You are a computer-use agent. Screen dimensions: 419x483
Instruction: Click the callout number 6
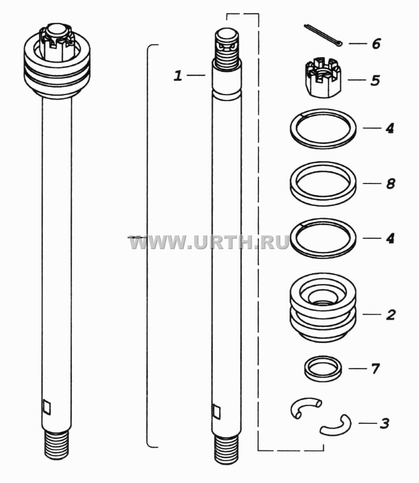tap(376, 44)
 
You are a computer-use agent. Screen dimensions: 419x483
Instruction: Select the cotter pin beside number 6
tap(323, 36)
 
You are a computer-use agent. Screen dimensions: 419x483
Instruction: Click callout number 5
tap(375, 80)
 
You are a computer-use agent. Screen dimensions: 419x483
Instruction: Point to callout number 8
tap(391, 184)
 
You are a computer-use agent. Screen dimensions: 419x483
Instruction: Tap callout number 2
tap(391, 315)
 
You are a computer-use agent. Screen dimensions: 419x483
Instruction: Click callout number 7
tap(375, 368)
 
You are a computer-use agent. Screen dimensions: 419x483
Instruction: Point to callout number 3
tap(384, 423)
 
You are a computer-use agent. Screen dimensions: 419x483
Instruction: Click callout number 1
tap(178, 76)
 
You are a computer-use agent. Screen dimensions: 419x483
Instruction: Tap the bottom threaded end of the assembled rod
tap(56, 445)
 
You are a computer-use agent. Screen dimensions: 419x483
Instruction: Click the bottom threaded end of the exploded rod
tap(226, 450)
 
